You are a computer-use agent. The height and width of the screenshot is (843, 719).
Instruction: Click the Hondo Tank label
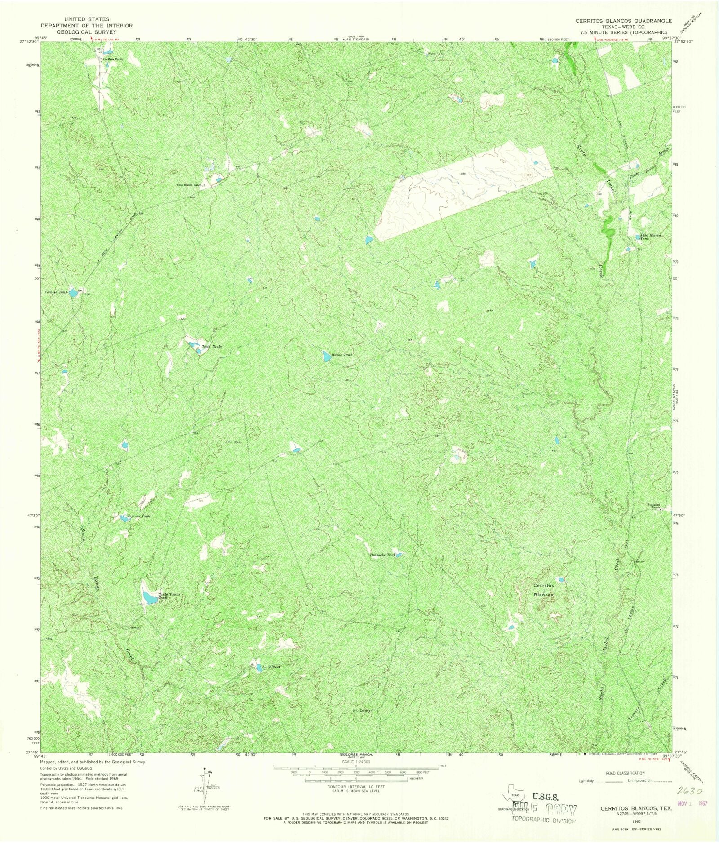click(x=342, y=355)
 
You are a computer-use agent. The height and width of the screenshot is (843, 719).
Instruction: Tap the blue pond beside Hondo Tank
click(x=326, y=356)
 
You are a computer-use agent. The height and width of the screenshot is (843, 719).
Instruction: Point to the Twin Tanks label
click(x=212, y=347)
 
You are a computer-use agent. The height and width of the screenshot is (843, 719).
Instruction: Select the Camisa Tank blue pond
click(x=72, y=292)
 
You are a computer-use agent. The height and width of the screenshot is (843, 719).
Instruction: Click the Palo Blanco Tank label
click(x=651, y=237)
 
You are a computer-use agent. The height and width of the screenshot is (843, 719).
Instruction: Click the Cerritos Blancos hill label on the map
click(x=543, y=590)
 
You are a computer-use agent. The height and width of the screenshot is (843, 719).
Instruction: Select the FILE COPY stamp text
click(x=547, y=810)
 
